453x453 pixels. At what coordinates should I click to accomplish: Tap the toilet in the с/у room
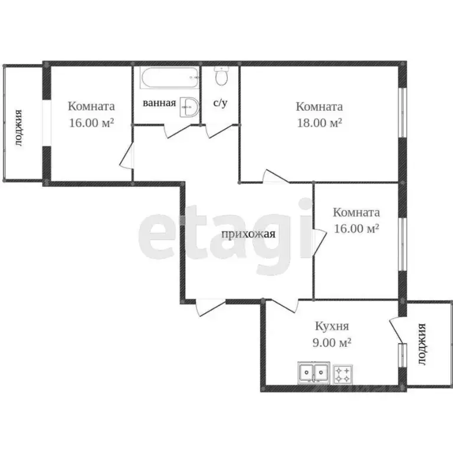[221, 77]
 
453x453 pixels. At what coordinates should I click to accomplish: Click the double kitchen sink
[313, 373]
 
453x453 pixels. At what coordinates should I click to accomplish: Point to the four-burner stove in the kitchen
[343, 373]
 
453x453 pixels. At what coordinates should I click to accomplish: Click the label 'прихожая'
[248, 234]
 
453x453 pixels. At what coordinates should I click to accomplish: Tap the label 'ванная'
[160, 103]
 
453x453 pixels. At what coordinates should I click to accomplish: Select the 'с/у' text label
[220, 103]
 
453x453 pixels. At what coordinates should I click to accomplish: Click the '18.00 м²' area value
[319, 123]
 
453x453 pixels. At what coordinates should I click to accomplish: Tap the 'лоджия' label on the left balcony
[19, 127]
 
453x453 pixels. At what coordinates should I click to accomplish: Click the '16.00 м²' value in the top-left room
[91, 123]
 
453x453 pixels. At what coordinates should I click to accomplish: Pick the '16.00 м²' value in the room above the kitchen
[356, 228]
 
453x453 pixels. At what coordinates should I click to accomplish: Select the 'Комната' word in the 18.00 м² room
[319, 107]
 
